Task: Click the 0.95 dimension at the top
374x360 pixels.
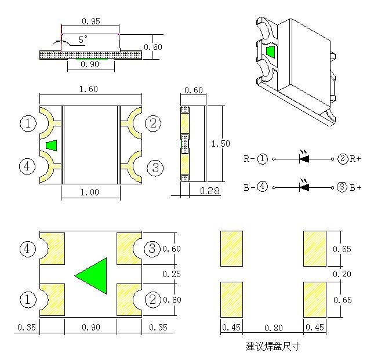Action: [90, 21]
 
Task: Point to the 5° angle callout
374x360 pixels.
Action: [82, 39]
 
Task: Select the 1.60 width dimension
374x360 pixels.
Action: [89, 89]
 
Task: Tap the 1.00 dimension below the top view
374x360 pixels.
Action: [89, 192]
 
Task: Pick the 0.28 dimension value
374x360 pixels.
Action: [209, 191]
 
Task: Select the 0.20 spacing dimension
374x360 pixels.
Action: [341, 274]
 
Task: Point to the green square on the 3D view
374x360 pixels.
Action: [270, 52]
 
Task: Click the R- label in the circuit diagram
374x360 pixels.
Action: [248, 158]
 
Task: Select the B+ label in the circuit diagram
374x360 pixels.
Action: [355, 187]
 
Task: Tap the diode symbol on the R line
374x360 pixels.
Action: [304, 158]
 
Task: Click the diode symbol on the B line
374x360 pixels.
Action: [304, 187]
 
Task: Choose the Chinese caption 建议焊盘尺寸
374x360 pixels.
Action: [273, 347]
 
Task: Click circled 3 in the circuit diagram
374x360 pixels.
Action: [342, 187]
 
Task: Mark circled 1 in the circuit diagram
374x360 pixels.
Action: [263, 158]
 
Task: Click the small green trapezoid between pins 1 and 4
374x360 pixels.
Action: [52, 145]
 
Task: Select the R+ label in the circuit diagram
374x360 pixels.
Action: [355, 158]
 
